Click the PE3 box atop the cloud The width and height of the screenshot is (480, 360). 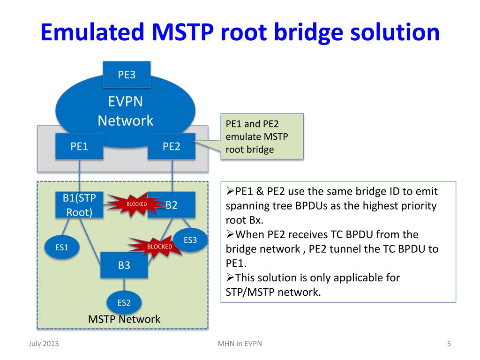coord(127,75)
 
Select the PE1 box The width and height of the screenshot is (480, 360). coord(80,147)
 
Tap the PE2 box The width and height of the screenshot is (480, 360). coord(172,147)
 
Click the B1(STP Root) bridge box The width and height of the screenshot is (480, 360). coord(79,205)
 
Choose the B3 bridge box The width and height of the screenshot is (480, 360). coord(124,265)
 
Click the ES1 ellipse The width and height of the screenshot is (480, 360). coord(62,247)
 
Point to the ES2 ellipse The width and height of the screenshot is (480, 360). coord(124,302)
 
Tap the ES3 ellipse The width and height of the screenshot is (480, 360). coord(190,240)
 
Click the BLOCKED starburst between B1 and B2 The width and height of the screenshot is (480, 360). coord(136,204)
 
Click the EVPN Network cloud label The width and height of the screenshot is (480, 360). coord(125,111)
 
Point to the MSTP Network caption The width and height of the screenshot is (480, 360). coord(124,320)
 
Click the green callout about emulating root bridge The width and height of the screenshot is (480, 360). coord(262,137)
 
